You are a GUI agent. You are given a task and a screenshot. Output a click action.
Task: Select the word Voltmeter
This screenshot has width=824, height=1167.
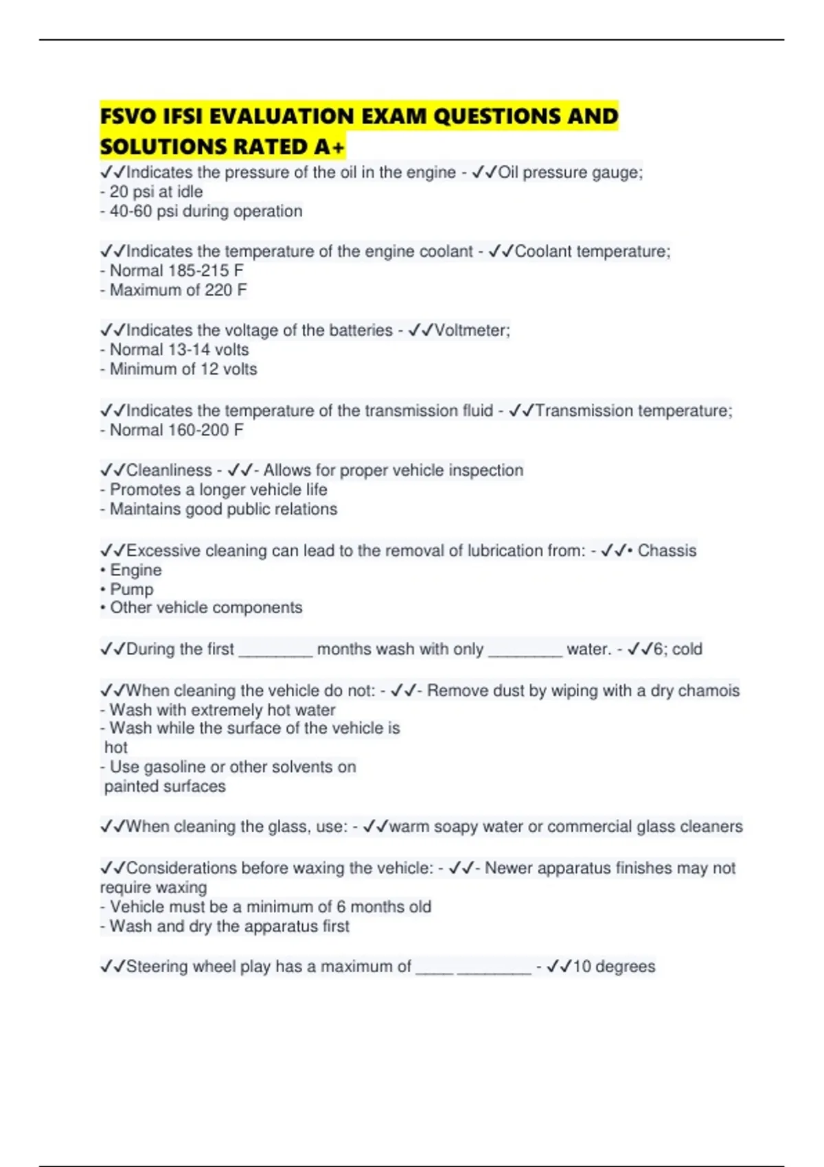tap(471, 330)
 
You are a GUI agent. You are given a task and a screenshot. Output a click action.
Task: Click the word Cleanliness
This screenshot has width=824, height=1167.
tap(169, 470)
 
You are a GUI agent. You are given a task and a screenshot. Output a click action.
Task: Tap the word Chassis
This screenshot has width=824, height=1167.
tap(667, 551)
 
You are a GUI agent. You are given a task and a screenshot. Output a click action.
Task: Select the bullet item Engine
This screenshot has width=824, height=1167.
tap(135, 570)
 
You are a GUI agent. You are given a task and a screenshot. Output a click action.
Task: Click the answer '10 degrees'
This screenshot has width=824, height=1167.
tap(614, 967)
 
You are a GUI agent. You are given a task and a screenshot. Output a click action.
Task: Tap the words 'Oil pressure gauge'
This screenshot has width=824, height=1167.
tap(569, 172)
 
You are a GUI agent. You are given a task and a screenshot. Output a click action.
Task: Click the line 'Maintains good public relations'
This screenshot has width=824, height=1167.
tap(223, 509)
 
